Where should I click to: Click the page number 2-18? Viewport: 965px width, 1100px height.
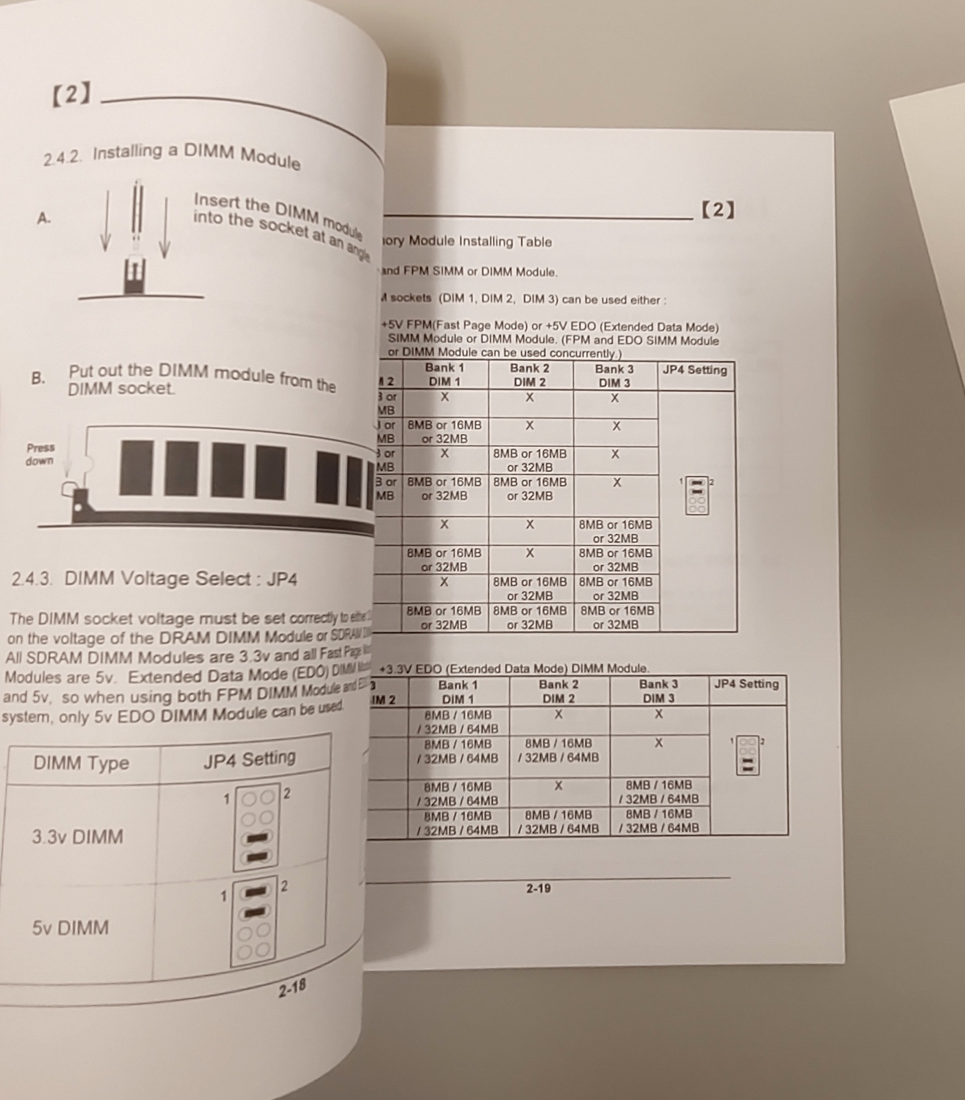(292, 989)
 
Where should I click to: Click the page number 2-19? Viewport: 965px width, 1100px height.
(538, 888)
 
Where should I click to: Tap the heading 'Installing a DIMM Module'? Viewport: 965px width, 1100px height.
(196, 156)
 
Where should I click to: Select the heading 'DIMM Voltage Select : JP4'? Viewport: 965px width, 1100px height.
(181, 579)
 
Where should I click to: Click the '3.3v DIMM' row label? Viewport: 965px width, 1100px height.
(78, 837)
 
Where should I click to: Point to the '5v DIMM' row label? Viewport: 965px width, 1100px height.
(70, 927)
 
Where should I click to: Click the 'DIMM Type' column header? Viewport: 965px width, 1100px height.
(81, 763)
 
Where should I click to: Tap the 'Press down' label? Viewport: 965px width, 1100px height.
(40, 454)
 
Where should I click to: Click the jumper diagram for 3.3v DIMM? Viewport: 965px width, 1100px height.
(257, 827)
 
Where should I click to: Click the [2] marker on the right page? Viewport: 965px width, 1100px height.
(718, 210)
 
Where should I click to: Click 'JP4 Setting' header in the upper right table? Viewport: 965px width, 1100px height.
(694, 370)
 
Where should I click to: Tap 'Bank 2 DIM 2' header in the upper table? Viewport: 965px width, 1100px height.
(529, 375)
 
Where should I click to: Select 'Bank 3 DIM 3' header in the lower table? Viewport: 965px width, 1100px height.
(658, 691)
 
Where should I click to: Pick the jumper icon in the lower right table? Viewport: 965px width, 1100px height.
(747, 755)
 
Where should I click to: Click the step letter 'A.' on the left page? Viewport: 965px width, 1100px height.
(44, 219)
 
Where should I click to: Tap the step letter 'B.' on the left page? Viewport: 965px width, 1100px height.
(38, 378)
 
